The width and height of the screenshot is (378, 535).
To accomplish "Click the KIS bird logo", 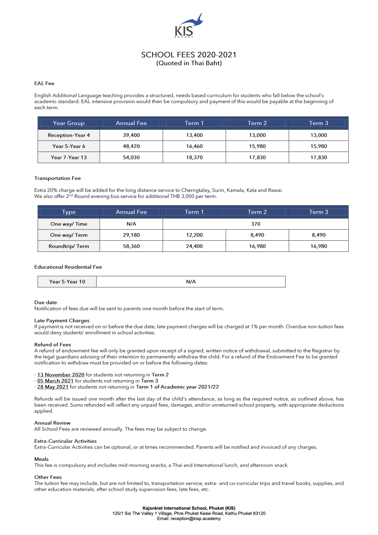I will coord(188,26).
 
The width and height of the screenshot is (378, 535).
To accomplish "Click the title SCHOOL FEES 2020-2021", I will coord(189,55).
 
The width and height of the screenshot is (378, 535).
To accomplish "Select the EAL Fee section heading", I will coord(44,83).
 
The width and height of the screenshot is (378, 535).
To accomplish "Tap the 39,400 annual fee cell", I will coord(131,135).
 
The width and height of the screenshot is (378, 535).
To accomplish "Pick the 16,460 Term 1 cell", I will coord(194,146).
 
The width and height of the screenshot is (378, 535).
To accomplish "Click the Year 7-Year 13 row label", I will coord(69,157).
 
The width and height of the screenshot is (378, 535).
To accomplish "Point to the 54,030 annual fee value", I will coord(131,157).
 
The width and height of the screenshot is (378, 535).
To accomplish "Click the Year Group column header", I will coord(69,123).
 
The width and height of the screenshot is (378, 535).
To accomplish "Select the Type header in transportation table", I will coord(69,212).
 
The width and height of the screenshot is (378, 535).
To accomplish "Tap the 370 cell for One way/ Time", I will coord(255,224).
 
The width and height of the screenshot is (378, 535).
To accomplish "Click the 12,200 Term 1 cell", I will coord(194,235).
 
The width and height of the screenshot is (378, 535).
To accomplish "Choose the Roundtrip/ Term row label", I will coord(69,246).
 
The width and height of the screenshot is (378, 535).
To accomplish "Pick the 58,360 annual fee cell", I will coord(131,246).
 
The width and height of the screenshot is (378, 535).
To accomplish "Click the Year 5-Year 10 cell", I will coord(67,282).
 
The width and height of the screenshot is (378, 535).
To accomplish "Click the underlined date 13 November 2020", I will coord(61,375).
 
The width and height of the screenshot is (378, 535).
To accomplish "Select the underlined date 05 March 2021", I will coord(55,381).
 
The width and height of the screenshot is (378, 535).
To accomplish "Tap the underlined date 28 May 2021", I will coord(53,387).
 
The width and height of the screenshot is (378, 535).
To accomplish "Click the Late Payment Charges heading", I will coord(62,321).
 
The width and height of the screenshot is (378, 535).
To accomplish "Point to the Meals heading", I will coord(41,459).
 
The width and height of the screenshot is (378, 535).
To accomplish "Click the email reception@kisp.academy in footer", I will coord(195,519).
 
